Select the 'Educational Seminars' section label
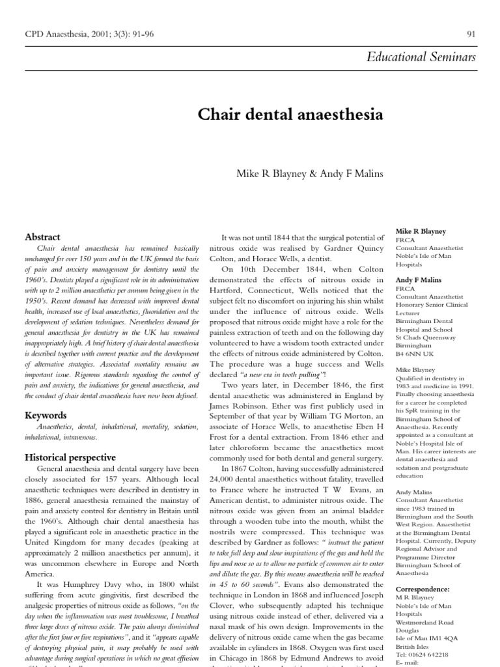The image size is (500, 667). pyautogui.click(x=421, y=57)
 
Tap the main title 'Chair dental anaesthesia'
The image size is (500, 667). pyautogui.click(x=290, y=115)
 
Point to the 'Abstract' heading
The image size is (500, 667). pyautogui.click(x=42, y=237)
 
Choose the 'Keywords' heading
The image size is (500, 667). pyautogui.click(x=46, y=414)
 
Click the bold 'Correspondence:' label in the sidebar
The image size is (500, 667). pyautogui.click(x=423, y=589)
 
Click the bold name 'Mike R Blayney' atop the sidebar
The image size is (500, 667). pyautogui.click(x=421, y=231)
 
